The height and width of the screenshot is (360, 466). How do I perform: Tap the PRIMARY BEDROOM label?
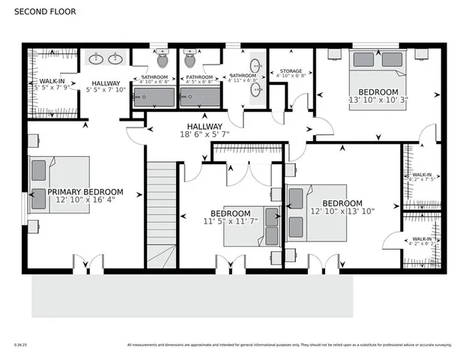[x=85, y=192]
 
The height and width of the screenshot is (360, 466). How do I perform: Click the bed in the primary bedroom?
[x=59, y=185]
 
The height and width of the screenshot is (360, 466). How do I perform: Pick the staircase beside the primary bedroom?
[x=161, y=214]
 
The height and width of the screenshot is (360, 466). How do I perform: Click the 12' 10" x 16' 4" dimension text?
[x=85, y=200]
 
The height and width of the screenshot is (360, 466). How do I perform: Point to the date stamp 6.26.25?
[x=20, y=345]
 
